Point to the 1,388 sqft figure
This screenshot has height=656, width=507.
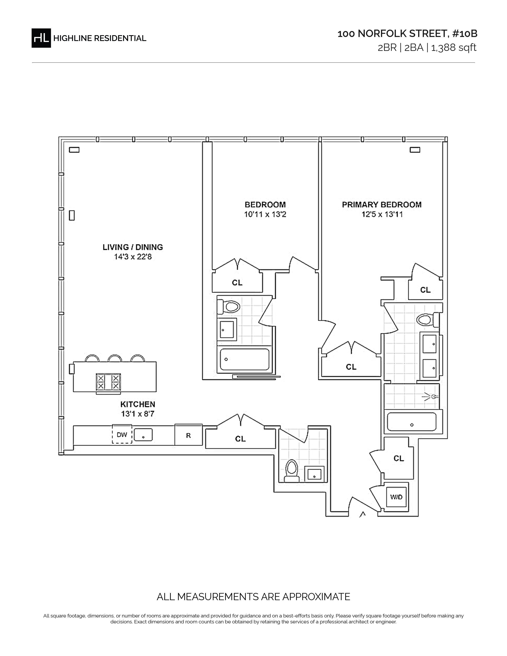454,48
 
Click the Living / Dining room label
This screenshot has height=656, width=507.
133,247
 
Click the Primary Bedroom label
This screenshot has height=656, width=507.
382,205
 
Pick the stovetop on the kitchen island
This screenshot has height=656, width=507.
108,382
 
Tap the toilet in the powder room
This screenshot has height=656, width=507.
291,471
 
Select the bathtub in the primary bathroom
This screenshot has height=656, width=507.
412,422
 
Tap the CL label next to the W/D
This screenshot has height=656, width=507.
399,458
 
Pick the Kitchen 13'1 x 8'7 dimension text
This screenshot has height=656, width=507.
138,414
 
